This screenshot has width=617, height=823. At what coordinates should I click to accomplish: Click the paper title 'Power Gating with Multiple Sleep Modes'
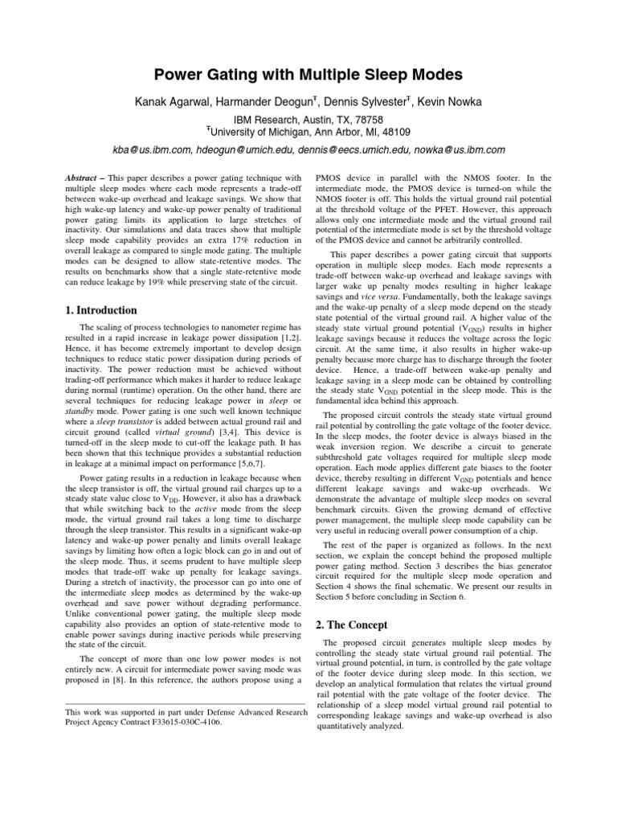308,76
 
